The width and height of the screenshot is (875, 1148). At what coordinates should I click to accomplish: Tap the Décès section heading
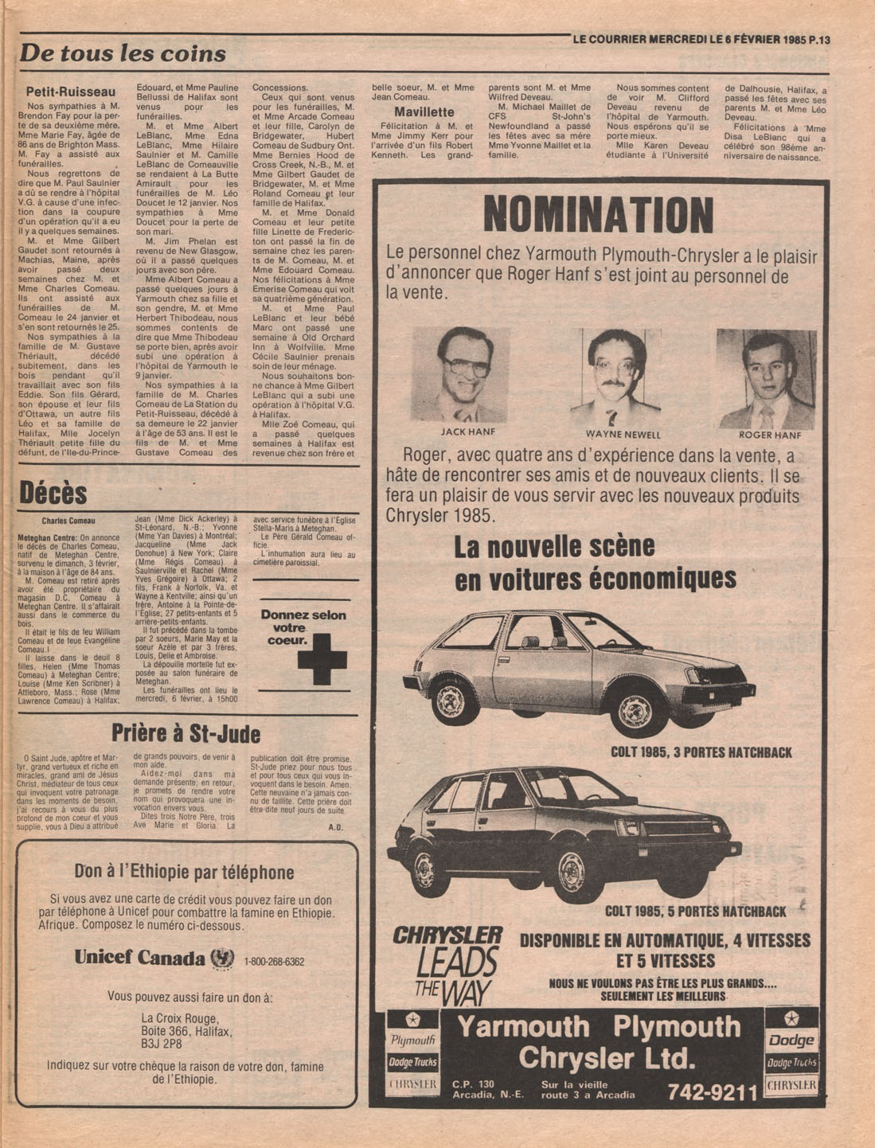click(53, 494)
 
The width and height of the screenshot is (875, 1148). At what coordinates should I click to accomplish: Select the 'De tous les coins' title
click(123, 54)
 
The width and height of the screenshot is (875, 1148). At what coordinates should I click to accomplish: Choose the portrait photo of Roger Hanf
click(766, 379)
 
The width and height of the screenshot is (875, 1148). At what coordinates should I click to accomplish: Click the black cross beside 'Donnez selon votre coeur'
click(322, 658)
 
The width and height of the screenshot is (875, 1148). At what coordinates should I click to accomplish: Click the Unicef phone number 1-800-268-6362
click(275, 961)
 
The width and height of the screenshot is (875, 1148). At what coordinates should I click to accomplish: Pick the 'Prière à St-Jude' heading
click(186, 732)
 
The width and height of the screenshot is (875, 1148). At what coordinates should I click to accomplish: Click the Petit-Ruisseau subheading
click(71, 92)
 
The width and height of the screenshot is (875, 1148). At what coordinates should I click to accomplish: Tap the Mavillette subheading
click(424, 112)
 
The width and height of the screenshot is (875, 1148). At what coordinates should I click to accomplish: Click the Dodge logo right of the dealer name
click(791, 1040)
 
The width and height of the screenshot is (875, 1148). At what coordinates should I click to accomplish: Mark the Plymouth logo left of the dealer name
click(412, 1039)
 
